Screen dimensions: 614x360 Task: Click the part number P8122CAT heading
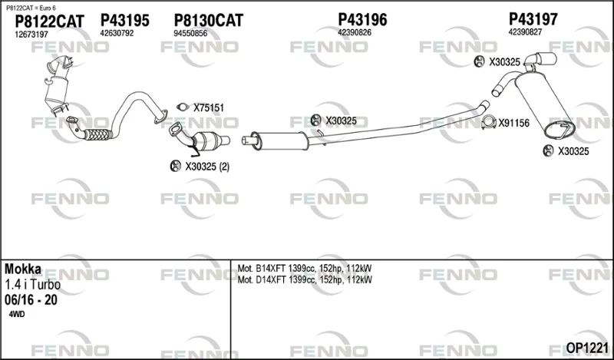click(49, 21)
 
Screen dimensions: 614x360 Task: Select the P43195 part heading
click(125, 20)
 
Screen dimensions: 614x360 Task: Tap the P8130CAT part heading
click(208, 20)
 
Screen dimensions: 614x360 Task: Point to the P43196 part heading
click(362, 19)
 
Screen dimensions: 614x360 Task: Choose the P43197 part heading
click(533, 18)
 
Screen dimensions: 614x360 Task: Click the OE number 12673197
click(31, 35)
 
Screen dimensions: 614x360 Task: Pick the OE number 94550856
click(190, 33)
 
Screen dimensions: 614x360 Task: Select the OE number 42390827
click(525, 32)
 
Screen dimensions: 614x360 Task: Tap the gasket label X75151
click(209, 107)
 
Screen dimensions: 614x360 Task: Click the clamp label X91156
click(513, 124)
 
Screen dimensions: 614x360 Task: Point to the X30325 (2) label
click(207, 167)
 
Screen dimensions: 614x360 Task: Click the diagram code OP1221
click(587, 348)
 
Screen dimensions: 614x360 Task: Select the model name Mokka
click(23, 269)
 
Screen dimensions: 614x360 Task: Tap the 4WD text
click(16, 314)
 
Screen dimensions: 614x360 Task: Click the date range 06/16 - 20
click(31, 300)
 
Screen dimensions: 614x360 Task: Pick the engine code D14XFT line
click(305, 279)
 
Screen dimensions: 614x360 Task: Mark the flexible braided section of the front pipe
click(98, 134)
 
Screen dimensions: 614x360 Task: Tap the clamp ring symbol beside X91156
click(488, 123)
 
